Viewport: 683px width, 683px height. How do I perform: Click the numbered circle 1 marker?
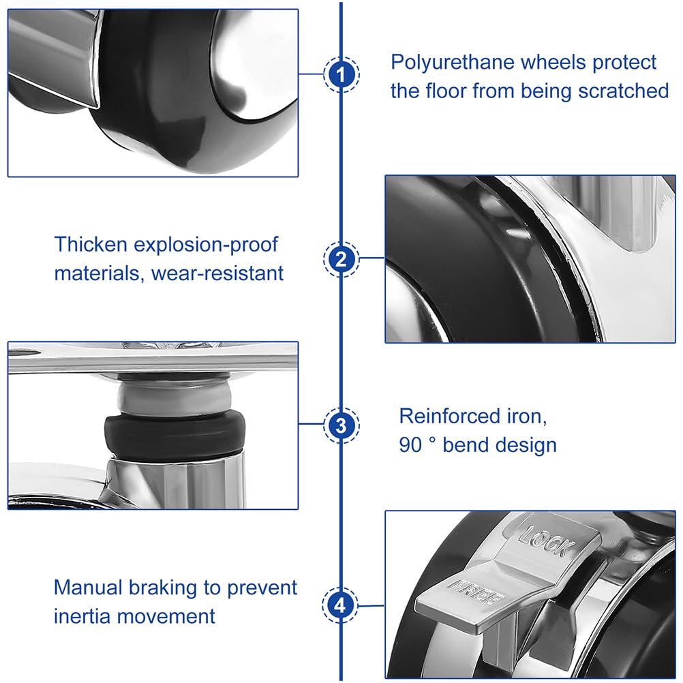click(341, 74)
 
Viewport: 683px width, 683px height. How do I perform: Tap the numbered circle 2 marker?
click(341, 259)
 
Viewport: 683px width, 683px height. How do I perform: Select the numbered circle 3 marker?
click(341, 425)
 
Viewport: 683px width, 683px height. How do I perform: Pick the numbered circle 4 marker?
click(341, 605)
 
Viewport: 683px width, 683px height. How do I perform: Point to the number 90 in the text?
click(410, 445)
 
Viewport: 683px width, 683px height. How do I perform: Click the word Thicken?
click(91, 244)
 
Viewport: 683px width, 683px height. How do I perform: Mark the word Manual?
click(88, 588)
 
